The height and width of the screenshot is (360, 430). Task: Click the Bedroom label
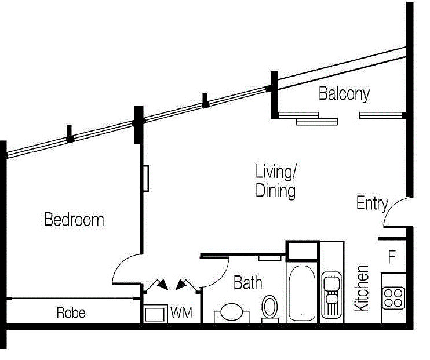(x=74, y=220)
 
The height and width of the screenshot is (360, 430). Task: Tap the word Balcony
(x=344, y=94)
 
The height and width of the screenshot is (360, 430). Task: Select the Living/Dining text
(x=276, y=181)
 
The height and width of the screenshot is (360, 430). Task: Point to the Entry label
(x=371, y=203)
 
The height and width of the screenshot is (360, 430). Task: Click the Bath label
(x=247, y=283)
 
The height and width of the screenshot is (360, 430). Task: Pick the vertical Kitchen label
(x=362, y=288)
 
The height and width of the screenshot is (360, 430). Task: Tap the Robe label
(x=71, y=314)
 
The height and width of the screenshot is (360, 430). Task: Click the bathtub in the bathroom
(x=302, y=293)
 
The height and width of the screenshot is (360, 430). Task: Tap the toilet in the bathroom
(x=269, y=307)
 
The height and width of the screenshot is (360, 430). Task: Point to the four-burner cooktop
(x=393, y=297)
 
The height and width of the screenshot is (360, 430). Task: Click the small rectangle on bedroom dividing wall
(x=146, y=179)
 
